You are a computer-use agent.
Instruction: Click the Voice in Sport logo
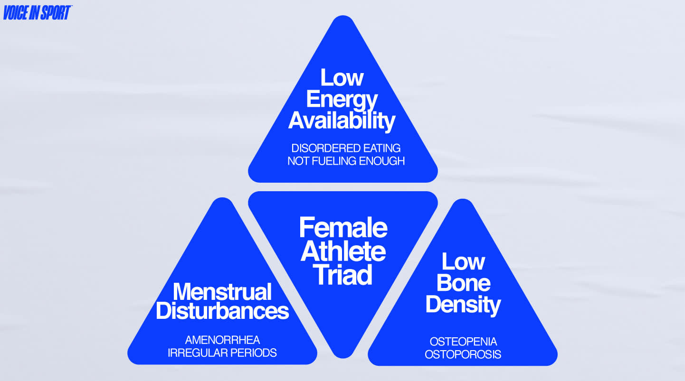pyautogui.click(x=37, y=13)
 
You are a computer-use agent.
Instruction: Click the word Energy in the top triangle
pyautogui.click(x=342, y=100)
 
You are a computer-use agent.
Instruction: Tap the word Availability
pyautogui.click(x=342, y=121)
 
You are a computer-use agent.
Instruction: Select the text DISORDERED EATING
pyautogui.click(x=346, y=149)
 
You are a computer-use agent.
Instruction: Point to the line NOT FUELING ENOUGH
pyautogui.click(x=346, y=161)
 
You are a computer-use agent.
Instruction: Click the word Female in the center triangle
pyautogui.click(x=343, y=228)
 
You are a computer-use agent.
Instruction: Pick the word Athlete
pyautogui.click(x=343, y=251)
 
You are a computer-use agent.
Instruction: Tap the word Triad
pyautogui.click(x=343, y=275)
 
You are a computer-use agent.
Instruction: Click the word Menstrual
pyautogui.click(x=222, y=291)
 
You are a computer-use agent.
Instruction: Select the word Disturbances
pyautogui.click(x=222, y=311)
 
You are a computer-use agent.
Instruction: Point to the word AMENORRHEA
pyautogui.click(x=222, y=340)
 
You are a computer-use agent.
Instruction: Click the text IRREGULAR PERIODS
pyautogui.click(x=222, y=353)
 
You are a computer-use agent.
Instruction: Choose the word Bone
pyautogui.click(x=463, y=283)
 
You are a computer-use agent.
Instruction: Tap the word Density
pyautogui.click(x=463, y=305)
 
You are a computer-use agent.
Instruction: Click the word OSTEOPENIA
pyautogui.click(x=463, y=342)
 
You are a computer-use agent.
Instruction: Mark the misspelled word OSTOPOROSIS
pyautogui.click(x=463, y=354)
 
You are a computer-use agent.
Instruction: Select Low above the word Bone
pyautogui.click(x=463, y=262)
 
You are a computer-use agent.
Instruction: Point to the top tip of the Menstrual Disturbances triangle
pyautogui.click(x=222, y=200)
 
